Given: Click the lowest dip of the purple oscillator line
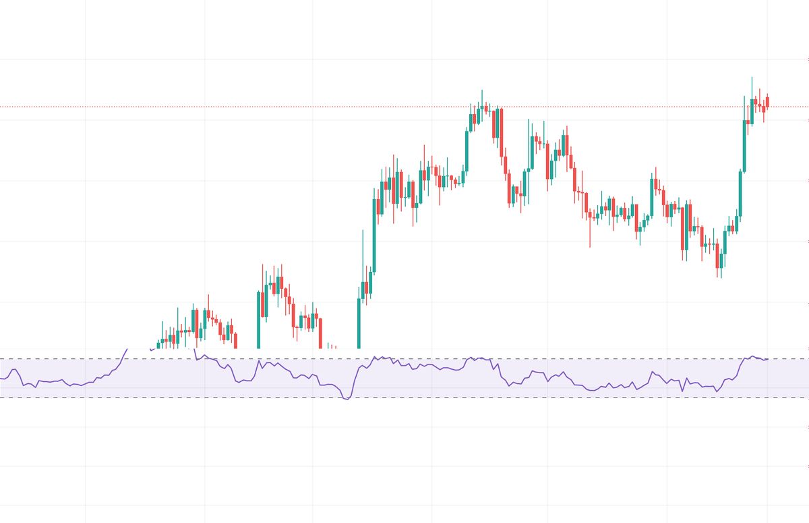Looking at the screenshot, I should click(x=347, y=400).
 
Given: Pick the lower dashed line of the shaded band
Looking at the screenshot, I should click(x=472, y=397).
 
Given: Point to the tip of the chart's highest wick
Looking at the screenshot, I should click(x=752, y=77).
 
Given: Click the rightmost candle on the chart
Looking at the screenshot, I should click(x=767, y=101).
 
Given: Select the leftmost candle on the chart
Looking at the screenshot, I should click(x=159, y=344).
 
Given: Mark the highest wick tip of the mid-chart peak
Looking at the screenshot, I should click(x=482, y=90).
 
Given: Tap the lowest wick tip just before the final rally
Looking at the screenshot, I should click(x=719, y=277).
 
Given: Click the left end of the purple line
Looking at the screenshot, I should click(x=1, y=379).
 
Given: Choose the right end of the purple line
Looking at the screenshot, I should click(x=768, y=359).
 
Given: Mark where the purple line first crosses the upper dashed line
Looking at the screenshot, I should click(x=123, y=358).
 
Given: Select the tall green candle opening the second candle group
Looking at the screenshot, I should click(x=259, y=317).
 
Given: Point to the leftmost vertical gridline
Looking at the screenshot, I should click(x=86, y=202).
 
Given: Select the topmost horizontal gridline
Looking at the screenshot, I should click(x=404, y=59).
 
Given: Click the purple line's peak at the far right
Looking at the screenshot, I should click(x=752, y=356).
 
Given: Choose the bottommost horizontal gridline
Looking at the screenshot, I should click(x=404, y=505).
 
